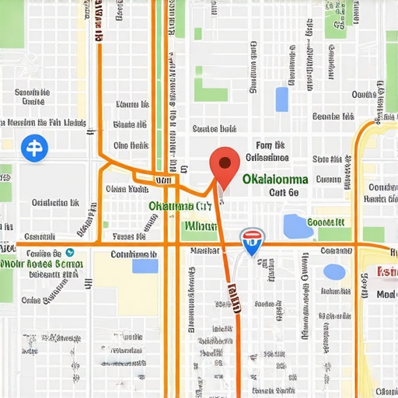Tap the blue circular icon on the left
pos(34,147)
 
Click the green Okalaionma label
pos(274,179)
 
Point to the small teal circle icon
pos(70,252)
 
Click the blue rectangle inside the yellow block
pos(145,266)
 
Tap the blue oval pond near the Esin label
pos(333,271)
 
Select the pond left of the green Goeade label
pos(297,226)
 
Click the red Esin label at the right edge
pos(386,271)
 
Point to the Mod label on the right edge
pos(386,295)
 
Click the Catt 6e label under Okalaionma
pos(283,193)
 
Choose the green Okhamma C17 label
pos(180,207)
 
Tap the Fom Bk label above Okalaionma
pos(270,145)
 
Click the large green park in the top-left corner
pos(11,23)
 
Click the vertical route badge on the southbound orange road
pos(233,296)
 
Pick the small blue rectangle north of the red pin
pos(281,99)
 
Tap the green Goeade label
pos(325,222)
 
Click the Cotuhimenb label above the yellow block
pos(134,253)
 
